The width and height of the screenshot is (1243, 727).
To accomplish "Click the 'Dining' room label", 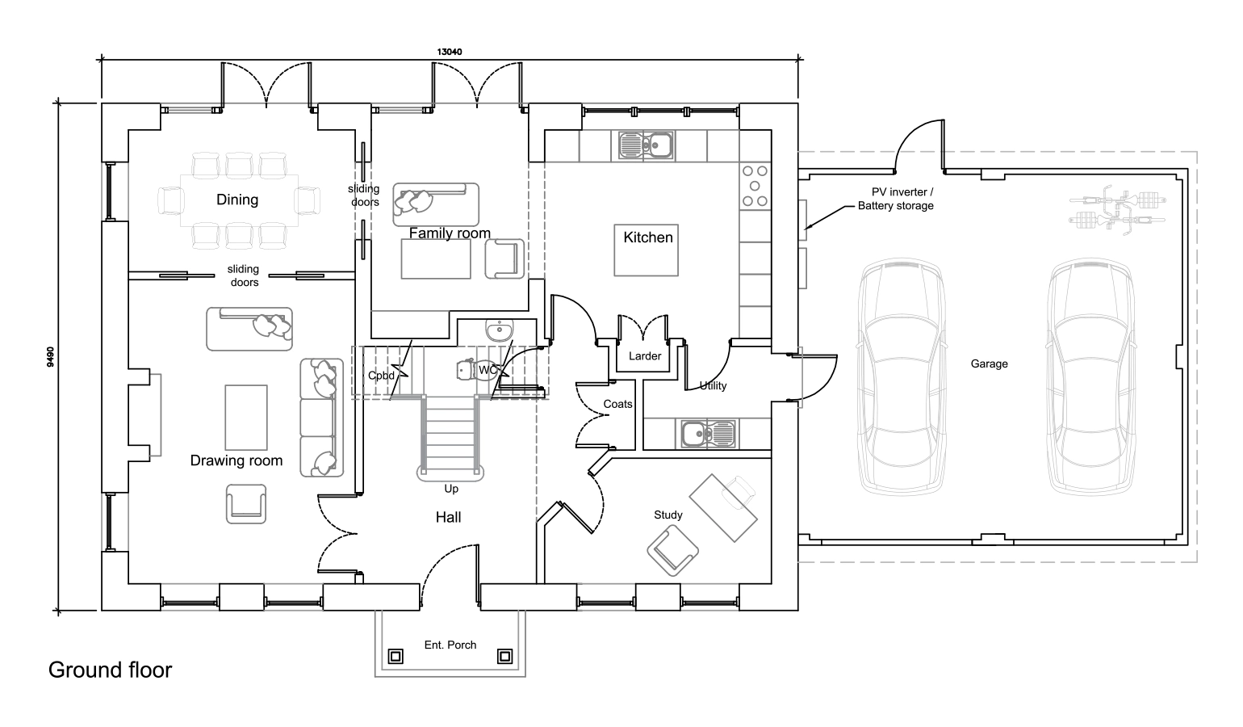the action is click(x=237, y=200).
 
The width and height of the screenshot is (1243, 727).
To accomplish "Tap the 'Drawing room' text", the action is click(x=236, y=460).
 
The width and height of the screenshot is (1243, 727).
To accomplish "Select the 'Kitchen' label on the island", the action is click(x=647, y=237).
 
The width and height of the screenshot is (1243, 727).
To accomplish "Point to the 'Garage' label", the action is click(x=989, y=363).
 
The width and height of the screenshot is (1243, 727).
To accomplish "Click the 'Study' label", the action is click(x=668, y=515).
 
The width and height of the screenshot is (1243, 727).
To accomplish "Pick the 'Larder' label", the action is click(x=645, y=356).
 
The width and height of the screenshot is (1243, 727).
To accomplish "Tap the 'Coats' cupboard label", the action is click(x=617, y=404).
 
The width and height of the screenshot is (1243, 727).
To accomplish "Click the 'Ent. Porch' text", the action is click(x=450, y=645).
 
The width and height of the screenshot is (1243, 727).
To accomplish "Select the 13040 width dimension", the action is click(x=450, y=52).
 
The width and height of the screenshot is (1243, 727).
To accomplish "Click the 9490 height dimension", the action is click(x=51, y=357).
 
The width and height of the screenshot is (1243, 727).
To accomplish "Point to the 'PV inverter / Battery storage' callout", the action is click(x=896, y=199).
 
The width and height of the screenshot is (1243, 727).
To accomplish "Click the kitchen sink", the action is click(x=646, y=145).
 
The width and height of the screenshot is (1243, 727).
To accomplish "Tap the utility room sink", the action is click(x=708, y=434).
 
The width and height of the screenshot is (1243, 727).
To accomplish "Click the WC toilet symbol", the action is click(x=466, y=369).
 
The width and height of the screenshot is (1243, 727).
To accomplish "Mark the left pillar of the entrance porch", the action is click(x=395, y=657).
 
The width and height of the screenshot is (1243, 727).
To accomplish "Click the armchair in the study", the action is click(x=672, y=550).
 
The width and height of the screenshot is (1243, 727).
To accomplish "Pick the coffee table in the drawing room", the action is click(x=246, y=418).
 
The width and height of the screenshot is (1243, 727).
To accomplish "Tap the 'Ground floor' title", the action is click(x=110, y=670).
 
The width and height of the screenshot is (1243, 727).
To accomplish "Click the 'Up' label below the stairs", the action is click(x=451, y=489).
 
